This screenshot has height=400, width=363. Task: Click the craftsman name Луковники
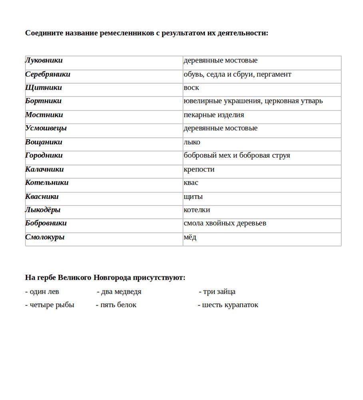[44, 60]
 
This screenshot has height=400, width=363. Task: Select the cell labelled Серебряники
[48, 74]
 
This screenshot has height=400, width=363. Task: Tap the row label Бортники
[43, 101]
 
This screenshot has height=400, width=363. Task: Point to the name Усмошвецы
[46, 128]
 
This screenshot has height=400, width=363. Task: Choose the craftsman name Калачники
[44, 169]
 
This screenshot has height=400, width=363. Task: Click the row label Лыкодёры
[43, 210]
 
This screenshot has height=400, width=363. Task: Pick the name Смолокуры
[45, 237]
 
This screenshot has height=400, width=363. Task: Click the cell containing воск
[191, 88]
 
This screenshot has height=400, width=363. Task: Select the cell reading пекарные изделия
[213, 115]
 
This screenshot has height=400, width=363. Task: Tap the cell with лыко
[192, 142]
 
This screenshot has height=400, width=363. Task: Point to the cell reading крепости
[199, 169]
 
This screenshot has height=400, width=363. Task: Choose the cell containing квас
[191, 182]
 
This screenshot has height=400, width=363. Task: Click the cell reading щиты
[193, 196]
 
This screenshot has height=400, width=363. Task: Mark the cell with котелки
[197, 210]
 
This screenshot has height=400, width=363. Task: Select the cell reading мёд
[190, 237]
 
